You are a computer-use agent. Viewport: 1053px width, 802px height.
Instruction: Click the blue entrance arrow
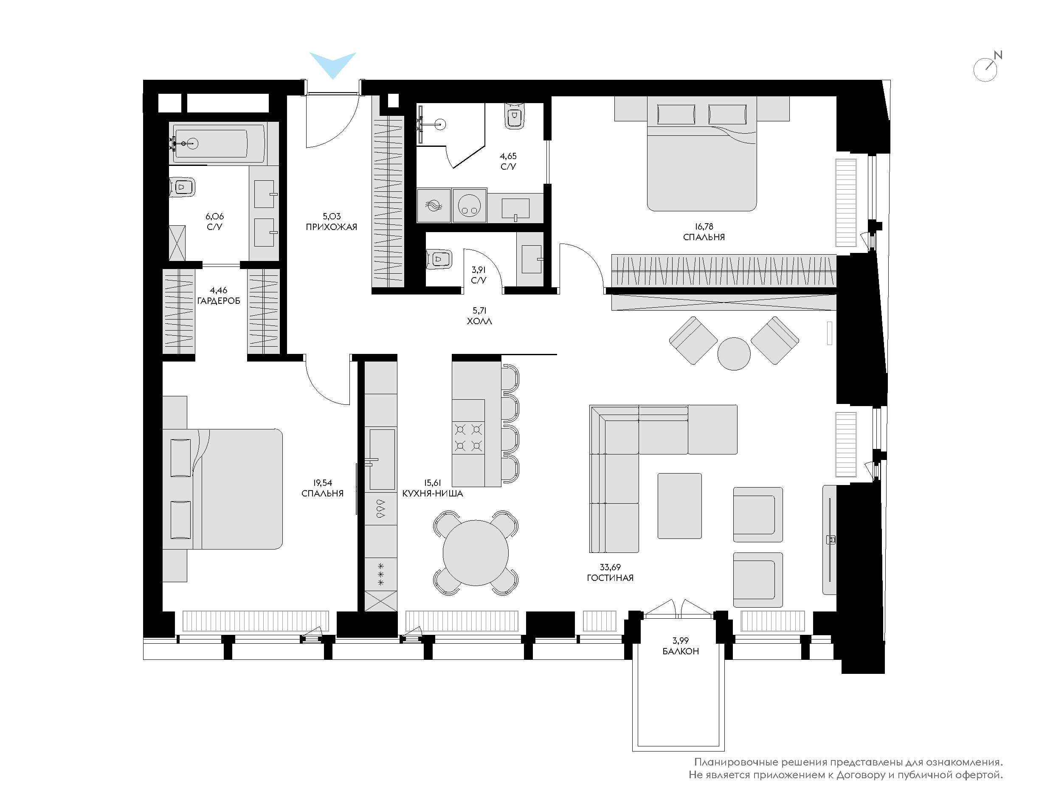point(333,62)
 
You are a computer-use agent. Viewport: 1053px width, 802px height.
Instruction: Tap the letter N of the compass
point(998,55)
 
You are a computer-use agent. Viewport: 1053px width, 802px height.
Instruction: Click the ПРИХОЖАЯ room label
point(332,227)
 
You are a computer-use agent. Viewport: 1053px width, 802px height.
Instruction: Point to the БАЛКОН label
point(681,651)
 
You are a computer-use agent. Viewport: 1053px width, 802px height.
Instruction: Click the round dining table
point(476,553)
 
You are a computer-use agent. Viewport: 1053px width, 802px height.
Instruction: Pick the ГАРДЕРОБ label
point(219,301)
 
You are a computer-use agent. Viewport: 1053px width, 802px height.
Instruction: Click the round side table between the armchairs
point(734,354)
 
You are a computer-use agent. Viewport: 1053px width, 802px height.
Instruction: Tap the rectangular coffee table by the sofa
point(679,506)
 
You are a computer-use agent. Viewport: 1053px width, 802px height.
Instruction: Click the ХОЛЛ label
point(479,321)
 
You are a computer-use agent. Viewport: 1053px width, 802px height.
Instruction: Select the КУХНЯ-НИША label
point(433,494)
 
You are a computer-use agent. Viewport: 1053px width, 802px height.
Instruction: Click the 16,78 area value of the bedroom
point(704,227)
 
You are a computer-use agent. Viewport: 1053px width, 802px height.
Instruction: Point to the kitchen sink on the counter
point(382,459)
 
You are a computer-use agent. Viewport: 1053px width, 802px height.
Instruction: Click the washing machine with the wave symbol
point(434,205)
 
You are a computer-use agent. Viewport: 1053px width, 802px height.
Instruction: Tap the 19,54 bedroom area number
point(322,483)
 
